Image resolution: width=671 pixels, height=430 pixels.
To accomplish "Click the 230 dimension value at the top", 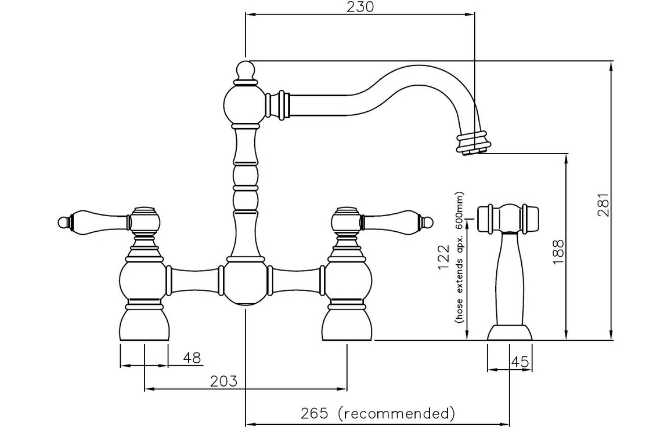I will pos(360,7).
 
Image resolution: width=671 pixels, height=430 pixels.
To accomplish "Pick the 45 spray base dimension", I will pos(521,362).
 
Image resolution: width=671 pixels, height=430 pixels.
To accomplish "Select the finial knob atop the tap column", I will pos(246,71).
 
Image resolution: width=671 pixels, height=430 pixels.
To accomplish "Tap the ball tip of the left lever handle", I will pos(63,220).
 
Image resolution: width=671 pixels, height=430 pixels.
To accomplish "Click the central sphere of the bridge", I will pos(246,282).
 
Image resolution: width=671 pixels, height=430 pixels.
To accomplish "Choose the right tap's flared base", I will pos(347,325).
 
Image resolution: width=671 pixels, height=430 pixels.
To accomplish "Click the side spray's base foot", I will pos(509,333).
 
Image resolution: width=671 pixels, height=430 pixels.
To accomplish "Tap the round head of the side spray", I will pos(509,217).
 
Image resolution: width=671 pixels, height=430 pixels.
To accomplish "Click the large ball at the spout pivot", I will pos(245,104).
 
